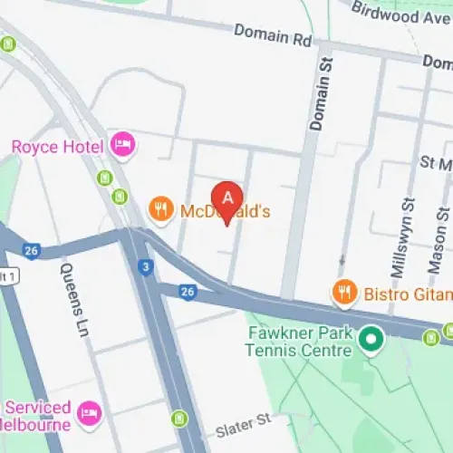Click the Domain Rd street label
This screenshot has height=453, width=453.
coord(271,35)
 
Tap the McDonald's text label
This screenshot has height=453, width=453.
coord(226,211)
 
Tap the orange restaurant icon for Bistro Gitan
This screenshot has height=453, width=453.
coord(343,292)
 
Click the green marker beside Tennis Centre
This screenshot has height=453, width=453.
coord(370,342)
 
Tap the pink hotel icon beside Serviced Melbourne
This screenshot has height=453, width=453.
coord(88,413)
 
